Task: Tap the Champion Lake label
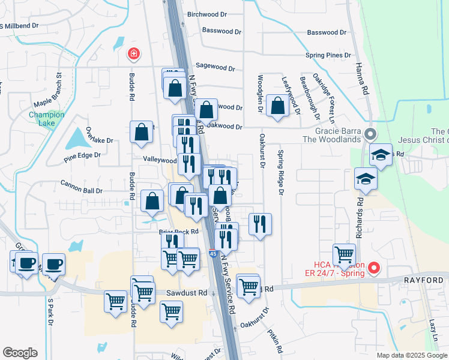pyautogui.click(x=42, y=119)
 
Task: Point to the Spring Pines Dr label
pyautogui.click(x=328, y=55)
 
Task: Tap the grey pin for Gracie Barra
pyautogui.click(x=370, y=134)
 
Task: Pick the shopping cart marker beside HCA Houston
pyautogui.click(x=344, y=254)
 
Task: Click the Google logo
pyautogui.click(x=20, y=352)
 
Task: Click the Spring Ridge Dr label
pyautogui.click(x=280, y=173)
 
